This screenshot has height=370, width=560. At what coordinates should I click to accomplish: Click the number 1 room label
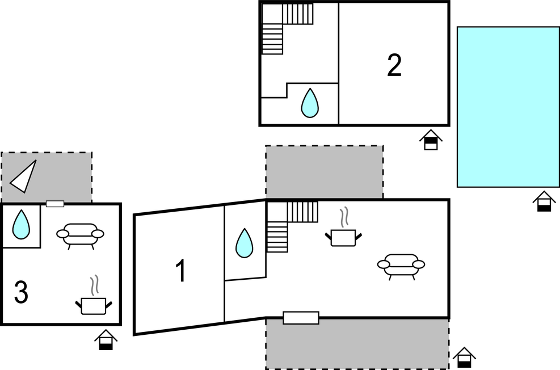click(180, 271)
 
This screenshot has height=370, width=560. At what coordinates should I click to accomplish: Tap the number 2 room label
click(394, 66)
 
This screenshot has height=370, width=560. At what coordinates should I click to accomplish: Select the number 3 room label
click(21, 293)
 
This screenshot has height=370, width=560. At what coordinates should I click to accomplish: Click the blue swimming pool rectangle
click(508, 107)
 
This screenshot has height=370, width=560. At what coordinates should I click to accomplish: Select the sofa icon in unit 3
click(81, 234)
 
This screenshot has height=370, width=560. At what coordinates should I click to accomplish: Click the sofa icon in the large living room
click(401, 265)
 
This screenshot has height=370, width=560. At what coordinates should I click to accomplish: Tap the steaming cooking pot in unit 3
click(94, 302)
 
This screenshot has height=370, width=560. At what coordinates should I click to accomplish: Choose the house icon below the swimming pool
click(544, 201)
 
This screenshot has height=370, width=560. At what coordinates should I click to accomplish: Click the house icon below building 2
click(431, 140)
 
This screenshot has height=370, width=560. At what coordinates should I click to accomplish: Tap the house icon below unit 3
click(106, 339)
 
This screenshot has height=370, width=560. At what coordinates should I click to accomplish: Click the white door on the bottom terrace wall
click(301, 318)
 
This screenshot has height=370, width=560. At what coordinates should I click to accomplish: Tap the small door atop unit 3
click(55, 204)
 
